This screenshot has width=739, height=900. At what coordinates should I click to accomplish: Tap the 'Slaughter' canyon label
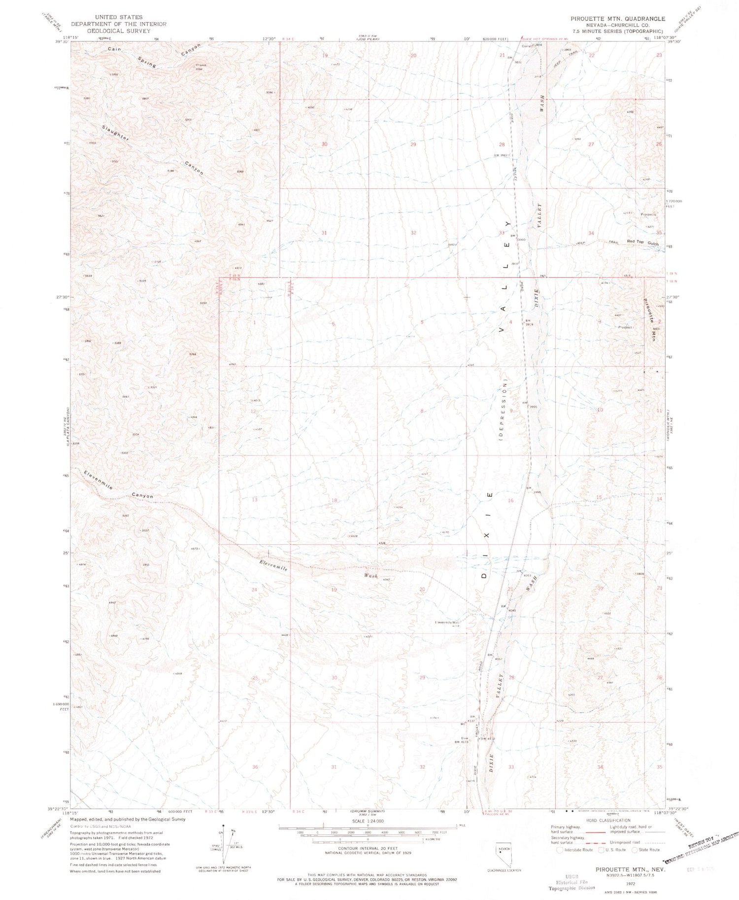(115, 133)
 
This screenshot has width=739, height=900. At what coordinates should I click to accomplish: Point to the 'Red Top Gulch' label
(642, 242)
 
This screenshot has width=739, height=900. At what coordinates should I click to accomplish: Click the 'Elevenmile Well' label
(447, 622)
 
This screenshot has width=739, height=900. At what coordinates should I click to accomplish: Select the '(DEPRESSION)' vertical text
(505, 410)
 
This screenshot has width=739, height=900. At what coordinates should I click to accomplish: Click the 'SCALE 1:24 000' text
(368, 821)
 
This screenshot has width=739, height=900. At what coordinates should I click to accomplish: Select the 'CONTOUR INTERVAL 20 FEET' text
(368, 849)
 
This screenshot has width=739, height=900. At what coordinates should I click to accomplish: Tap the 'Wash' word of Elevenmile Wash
(370, 576)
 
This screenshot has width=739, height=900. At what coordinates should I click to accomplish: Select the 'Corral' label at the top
(527, 46)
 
